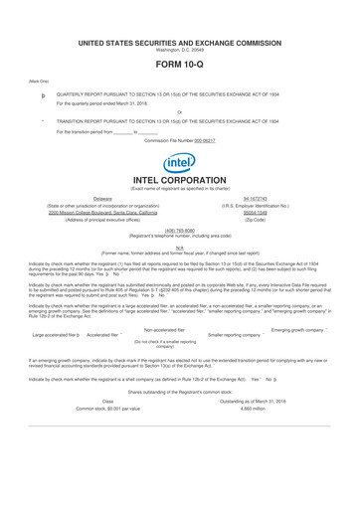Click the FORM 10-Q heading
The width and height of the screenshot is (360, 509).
(180, 64)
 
